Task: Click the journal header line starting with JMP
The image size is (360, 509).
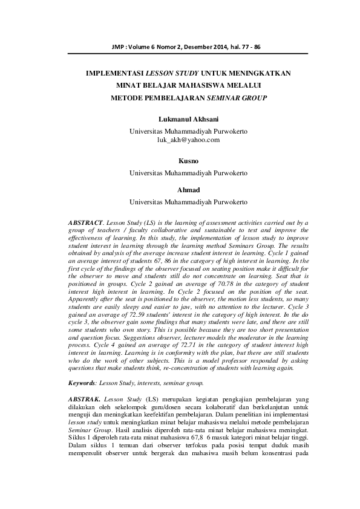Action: (x=179, y=47)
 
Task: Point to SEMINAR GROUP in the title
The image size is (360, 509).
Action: (x=237, y=97)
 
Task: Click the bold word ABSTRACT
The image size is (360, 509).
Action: (x=87, y=223)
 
